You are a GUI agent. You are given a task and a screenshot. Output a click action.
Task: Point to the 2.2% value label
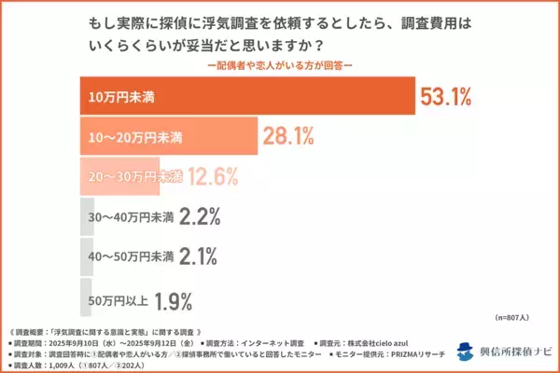click(199, 217)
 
